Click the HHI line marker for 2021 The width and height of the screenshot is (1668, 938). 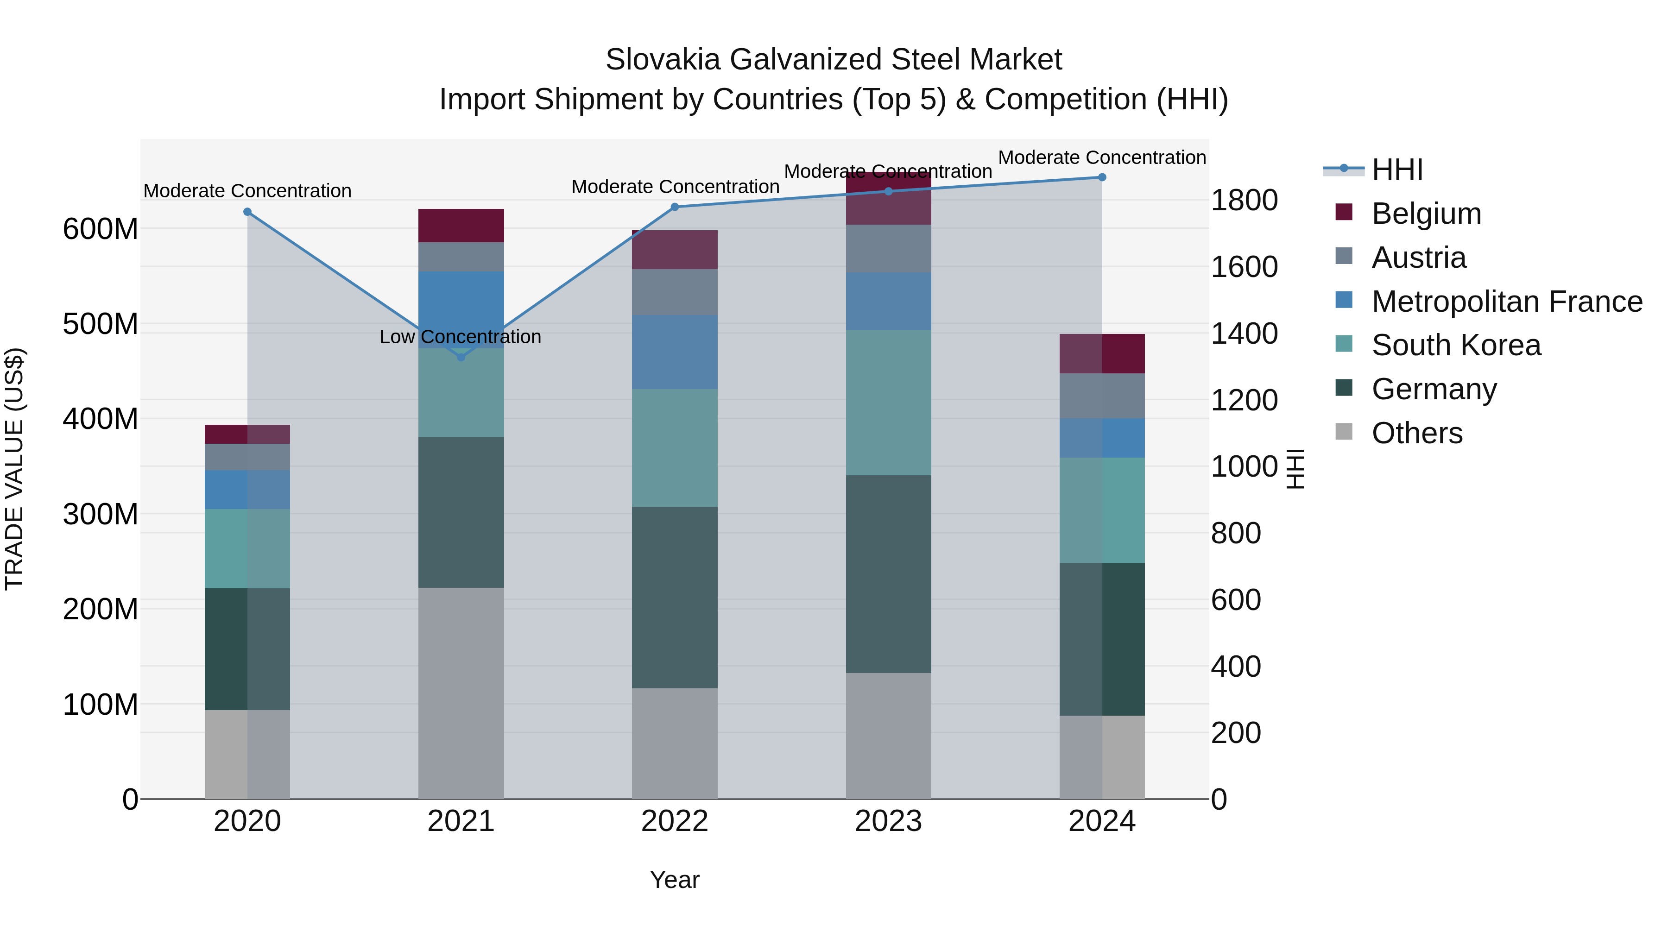461,357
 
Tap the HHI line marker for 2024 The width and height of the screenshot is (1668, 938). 1102,177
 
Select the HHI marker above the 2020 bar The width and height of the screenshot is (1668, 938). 247,212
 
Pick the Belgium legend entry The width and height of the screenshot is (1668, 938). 1426,214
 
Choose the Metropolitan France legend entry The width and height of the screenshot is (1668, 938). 1506,302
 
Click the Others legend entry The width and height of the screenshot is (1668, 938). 1417,433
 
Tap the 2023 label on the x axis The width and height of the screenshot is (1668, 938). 888,821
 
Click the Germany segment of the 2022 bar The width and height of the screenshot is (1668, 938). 675,597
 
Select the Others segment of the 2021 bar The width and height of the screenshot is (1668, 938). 461,692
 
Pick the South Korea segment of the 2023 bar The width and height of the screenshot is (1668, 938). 888,402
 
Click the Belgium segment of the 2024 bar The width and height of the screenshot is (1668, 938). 1102,353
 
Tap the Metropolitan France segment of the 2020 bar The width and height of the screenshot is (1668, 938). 247,490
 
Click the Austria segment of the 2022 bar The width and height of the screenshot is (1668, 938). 675,292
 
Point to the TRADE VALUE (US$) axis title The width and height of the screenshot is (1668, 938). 14,469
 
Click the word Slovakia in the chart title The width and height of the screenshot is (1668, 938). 663,60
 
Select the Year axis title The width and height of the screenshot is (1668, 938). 675,880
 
